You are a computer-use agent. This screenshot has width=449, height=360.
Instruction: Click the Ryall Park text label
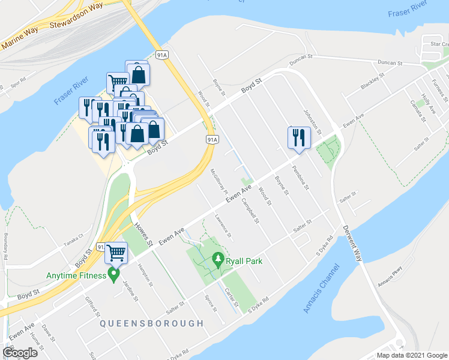point(244,261)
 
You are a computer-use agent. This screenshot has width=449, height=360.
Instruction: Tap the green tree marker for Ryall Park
point(218,260)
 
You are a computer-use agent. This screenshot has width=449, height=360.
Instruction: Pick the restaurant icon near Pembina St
point(298,138)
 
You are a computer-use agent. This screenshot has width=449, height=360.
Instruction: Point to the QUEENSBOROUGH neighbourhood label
point(152,323)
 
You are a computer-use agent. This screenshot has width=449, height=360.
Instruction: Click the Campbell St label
point(250,210)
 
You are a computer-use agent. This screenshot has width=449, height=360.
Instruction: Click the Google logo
point(20,353)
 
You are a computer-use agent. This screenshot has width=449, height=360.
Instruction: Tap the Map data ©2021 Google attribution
point(412,355)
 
